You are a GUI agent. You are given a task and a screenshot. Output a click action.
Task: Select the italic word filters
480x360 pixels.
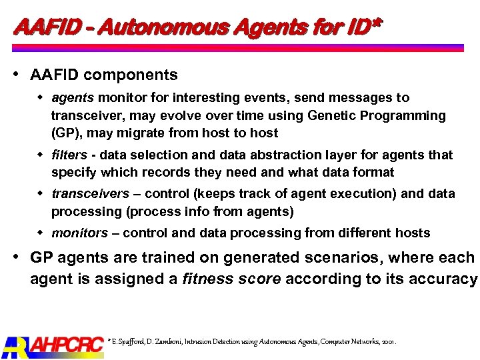coord(69,155)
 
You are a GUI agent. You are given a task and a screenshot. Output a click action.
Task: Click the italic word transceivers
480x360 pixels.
coord(91,194)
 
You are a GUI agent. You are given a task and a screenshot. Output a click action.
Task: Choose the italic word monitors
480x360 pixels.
coord(79,233)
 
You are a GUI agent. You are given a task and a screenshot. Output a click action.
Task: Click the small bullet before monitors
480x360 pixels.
coord(40,233)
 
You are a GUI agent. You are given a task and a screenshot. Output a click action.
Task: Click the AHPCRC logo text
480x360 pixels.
coord(67,345)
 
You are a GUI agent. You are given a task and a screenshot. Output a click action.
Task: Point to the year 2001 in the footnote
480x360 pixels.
coord(389,341)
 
